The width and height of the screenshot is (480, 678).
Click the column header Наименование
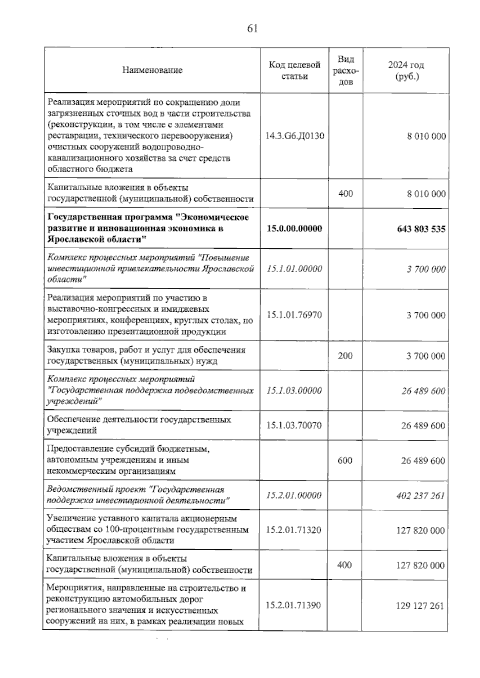click(152, 70)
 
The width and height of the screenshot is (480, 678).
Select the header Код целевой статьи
click(295, 70)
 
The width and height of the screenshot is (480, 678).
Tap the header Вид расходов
click(346, 70)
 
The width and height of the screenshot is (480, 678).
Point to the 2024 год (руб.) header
click(406, 70)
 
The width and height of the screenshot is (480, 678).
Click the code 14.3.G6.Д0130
click(295, 136)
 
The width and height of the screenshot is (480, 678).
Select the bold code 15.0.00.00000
click(294, 229)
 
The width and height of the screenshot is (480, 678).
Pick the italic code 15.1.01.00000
click(294, 269)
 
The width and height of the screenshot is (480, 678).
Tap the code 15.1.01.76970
click(294, 315)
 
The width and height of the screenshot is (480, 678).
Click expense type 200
click(345, 355)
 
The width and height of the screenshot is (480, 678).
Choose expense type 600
click(345, 460)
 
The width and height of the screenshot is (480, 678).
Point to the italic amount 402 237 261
click(420, 496)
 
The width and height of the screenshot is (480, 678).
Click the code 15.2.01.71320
click(294, 530)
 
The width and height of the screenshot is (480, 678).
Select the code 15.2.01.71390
click(294, 605)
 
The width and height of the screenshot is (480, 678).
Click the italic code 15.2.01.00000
click(294, 495)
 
